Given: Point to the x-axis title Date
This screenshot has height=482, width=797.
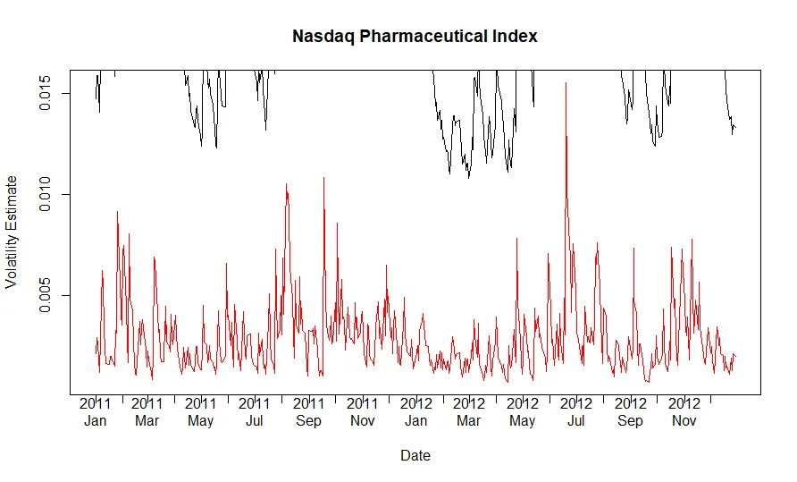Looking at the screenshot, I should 415,455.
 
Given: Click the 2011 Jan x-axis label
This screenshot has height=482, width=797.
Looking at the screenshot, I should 95,411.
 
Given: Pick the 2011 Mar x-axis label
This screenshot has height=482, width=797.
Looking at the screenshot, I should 147,411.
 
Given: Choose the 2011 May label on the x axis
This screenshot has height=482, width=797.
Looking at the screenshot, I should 201,411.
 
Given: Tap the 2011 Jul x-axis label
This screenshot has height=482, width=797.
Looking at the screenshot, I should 255,411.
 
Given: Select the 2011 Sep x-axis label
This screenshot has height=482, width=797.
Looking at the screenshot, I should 309,411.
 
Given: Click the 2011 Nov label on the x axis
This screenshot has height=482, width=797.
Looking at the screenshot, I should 363,411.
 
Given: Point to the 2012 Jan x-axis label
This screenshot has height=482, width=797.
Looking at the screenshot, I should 416,411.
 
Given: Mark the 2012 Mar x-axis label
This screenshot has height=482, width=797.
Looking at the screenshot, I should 469,411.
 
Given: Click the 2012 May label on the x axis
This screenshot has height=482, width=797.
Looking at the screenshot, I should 523,411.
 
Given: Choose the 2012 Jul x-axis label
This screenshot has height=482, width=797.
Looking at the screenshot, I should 576,411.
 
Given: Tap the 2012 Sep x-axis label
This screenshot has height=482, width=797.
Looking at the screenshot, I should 631,411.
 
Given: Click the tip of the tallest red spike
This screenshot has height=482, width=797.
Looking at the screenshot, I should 565,83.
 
